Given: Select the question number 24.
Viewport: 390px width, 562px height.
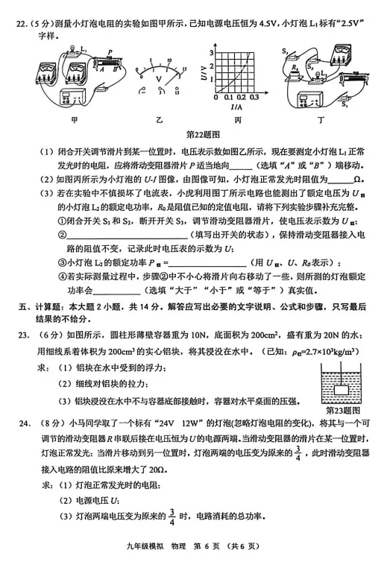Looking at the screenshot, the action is point(25,423).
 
